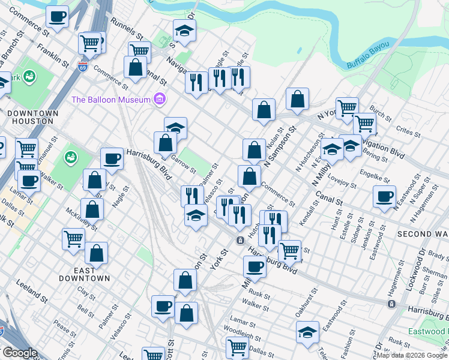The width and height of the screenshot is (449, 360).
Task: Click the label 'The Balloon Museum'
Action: tap(111, 99)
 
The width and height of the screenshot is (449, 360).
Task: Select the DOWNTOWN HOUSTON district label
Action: tap(33, 117)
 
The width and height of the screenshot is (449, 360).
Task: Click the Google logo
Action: tap(20, 353)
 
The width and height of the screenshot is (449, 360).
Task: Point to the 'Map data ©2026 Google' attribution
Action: tap(412, 355)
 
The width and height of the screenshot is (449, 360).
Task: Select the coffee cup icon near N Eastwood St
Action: tap(384, 197)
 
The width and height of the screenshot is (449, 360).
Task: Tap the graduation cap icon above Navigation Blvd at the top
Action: tap(185, 31)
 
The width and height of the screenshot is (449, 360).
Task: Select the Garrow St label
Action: tap(184, 163)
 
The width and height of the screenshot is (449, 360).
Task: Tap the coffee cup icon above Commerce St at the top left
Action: tap(57, 17)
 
